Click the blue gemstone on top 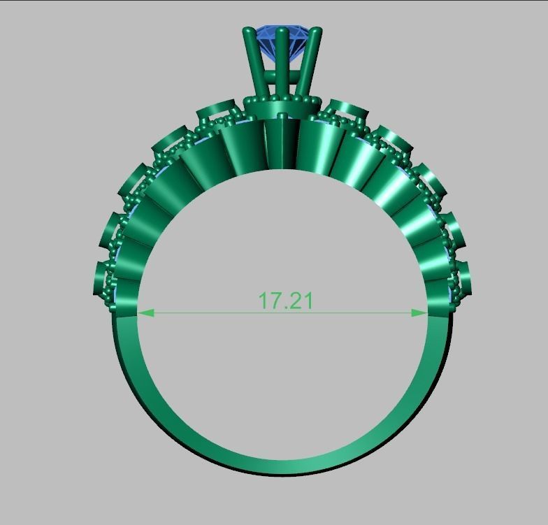coord(282,41)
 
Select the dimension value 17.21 coord(285,301)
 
